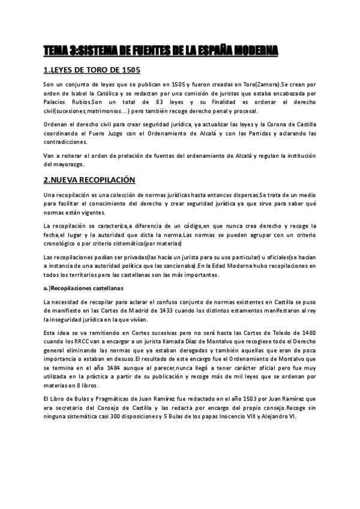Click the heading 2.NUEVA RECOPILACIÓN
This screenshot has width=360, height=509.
click(89, 179)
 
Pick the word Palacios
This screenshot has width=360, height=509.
click(58, 103)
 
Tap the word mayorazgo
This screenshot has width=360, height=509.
click(66, 164)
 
